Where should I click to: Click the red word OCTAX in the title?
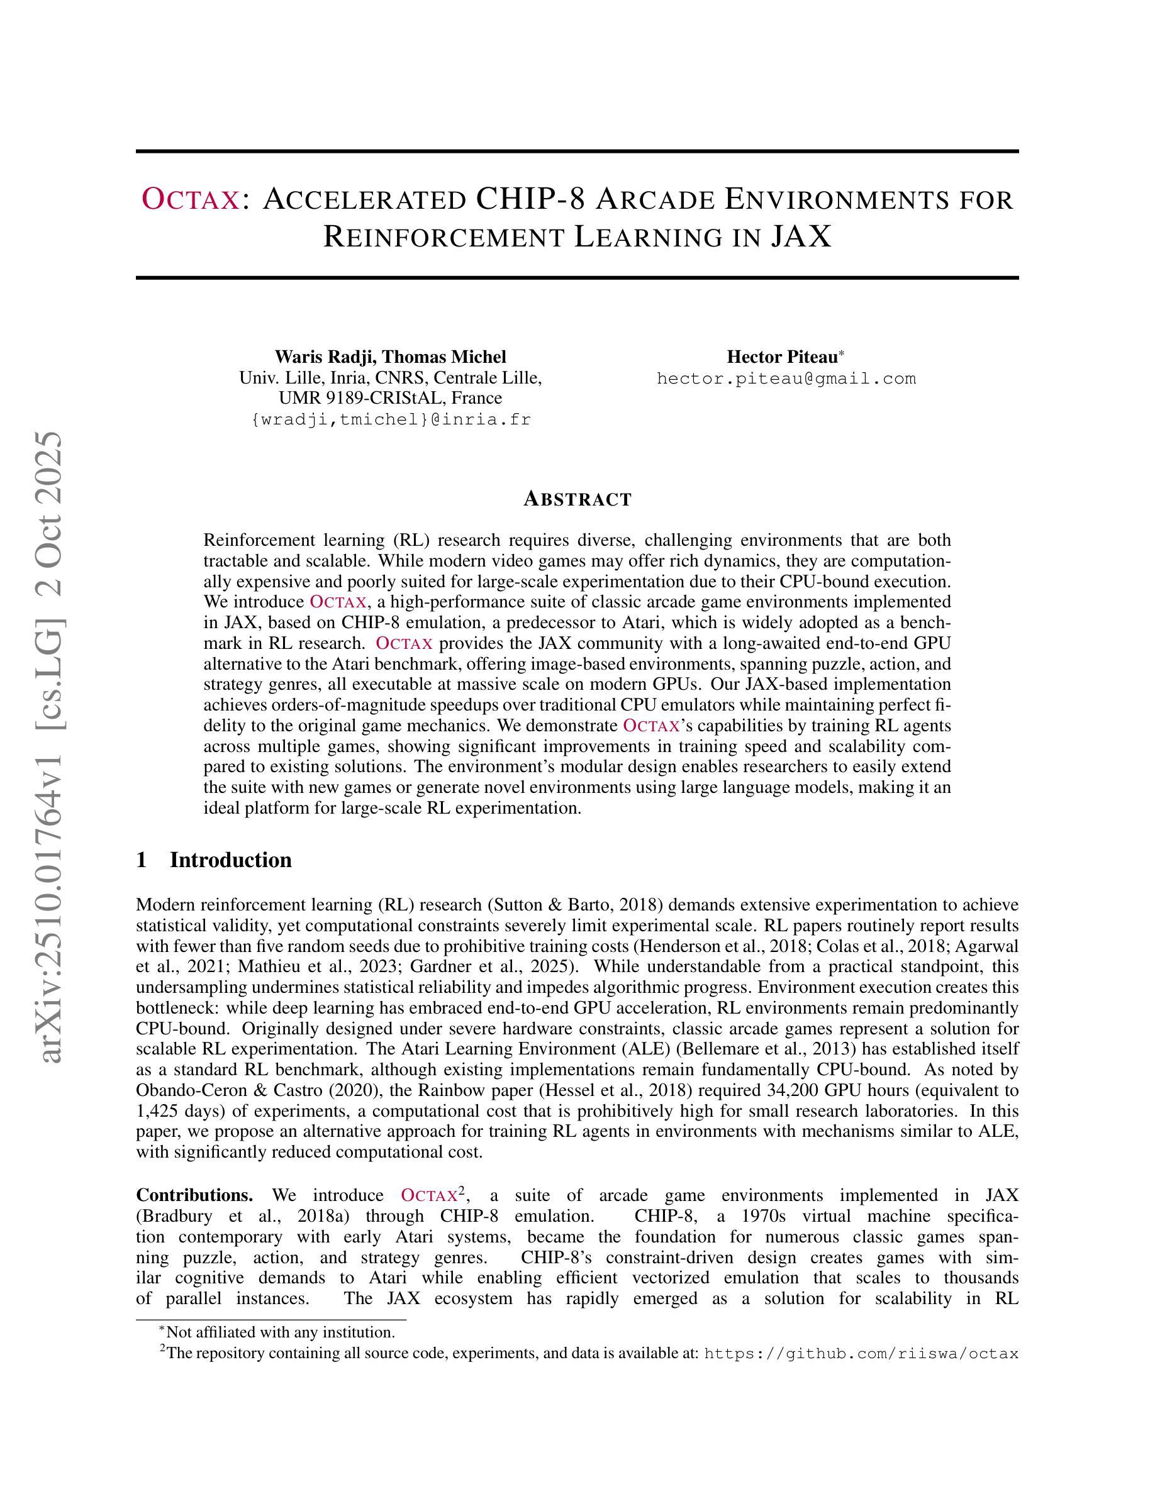(190, 199)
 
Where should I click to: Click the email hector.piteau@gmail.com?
(786, 379)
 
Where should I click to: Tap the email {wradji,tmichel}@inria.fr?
(391, 419)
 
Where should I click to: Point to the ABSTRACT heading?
(577, 499)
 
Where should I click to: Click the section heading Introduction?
(231, 860)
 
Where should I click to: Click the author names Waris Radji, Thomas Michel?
(390, 357)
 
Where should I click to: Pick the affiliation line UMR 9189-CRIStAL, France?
(390, 398)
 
